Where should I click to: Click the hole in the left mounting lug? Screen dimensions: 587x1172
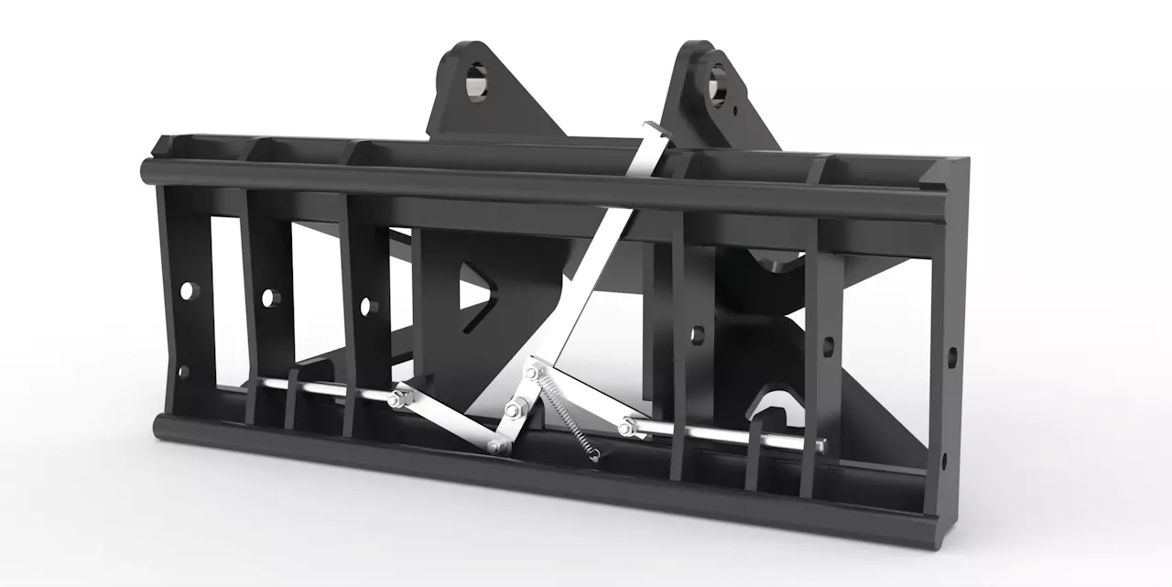tap(477, 82)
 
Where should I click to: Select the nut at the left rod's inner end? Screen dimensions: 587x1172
tap(399, 398)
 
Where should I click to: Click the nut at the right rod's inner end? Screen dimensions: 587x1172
tap(626, 427)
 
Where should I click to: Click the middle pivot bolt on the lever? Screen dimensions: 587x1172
tap(513, 409)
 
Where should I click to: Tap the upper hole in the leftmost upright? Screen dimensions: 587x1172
tap(189, 290)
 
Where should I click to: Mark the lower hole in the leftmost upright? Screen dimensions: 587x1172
tap(183, 371)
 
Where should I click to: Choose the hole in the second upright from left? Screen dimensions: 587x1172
tap(270, 298)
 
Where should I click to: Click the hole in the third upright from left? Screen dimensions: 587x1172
tap(368, 306)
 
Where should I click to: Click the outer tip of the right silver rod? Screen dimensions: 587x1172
tap(821, 445)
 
